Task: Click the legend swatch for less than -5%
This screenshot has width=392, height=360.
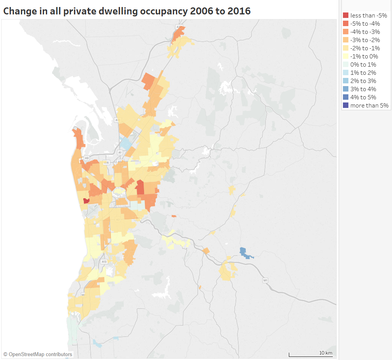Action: pyautogui.click(x=345, y=16)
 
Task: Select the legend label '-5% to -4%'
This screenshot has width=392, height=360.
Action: pyautogui.click(x=365, y=24)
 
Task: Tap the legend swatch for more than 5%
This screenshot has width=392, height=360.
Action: pyautogui.click(x=345, y=105)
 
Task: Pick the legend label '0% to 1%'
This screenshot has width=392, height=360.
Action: pyautogui.click(x=363, y=65)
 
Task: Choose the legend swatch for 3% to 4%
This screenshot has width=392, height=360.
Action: pyautogui.click(x=345, y=89)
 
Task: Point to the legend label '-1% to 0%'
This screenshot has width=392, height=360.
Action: pyautogui.click(x=364, y=56)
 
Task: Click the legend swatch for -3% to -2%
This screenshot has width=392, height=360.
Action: pyautogui.click(x=345, y=40)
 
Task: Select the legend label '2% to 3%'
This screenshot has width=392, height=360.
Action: pyautogui.click(x=363, y=81)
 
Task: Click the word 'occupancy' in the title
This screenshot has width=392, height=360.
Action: pyautogui.click(x=162, y=11)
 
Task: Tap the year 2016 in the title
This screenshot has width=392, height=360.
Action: pyautogui.click(x=238, y=11)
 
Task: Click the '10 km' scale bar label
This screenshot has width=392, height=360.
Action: pyautogui.click(x=325, y=353)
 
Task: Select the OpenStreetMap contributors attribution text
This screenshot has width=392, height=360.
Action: pyautogui.click(x=38, y=354)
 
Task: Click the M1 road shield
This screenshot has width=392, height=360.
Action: pyautogui.click(x=265, y=280)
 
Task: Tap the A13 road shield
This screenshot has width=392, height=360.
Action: pyautogui.click(x=104, y=262)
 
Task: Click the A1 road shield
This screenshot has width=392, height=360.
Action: pyautogui.click(x=120, y=152)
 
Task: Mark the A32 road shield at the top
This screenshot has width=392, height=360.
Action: pyautogui.click(x=178, y=27)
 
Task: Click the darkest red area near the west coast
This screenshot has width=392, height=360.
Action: pyautogui.click(x=86, y=201)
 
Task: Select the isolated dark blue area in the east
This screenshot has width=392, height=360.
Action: pyautogui.click(x=245, y=253)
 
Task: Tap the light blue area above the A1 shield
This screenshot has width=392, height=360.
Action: pyautogui.click(x=125, y=143)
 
